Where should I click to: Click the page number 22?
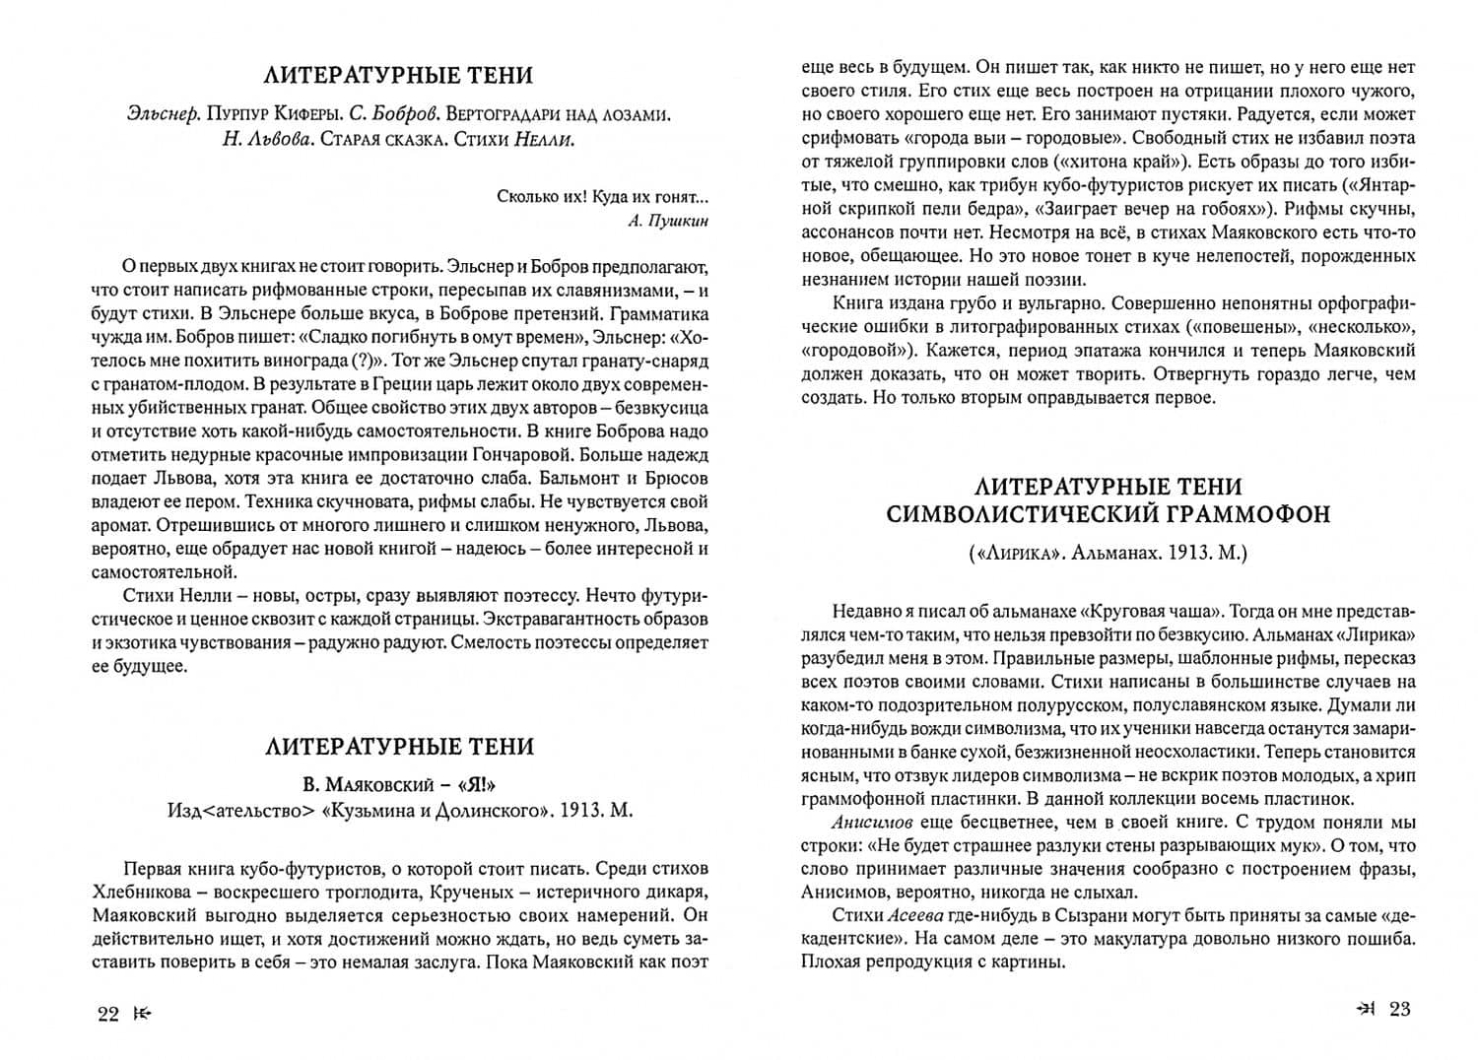point(108,1015)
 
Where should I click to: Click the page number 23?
point(1400,1008)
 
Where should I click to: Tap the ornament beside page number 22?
point(145,1015)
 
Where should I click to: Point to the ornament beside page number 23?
point(1366,1008)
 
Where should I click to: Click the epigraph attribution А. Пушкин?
point(667,220)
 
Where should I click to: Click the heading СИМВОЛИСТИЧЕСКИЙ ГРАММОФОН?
point(1108,513)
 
